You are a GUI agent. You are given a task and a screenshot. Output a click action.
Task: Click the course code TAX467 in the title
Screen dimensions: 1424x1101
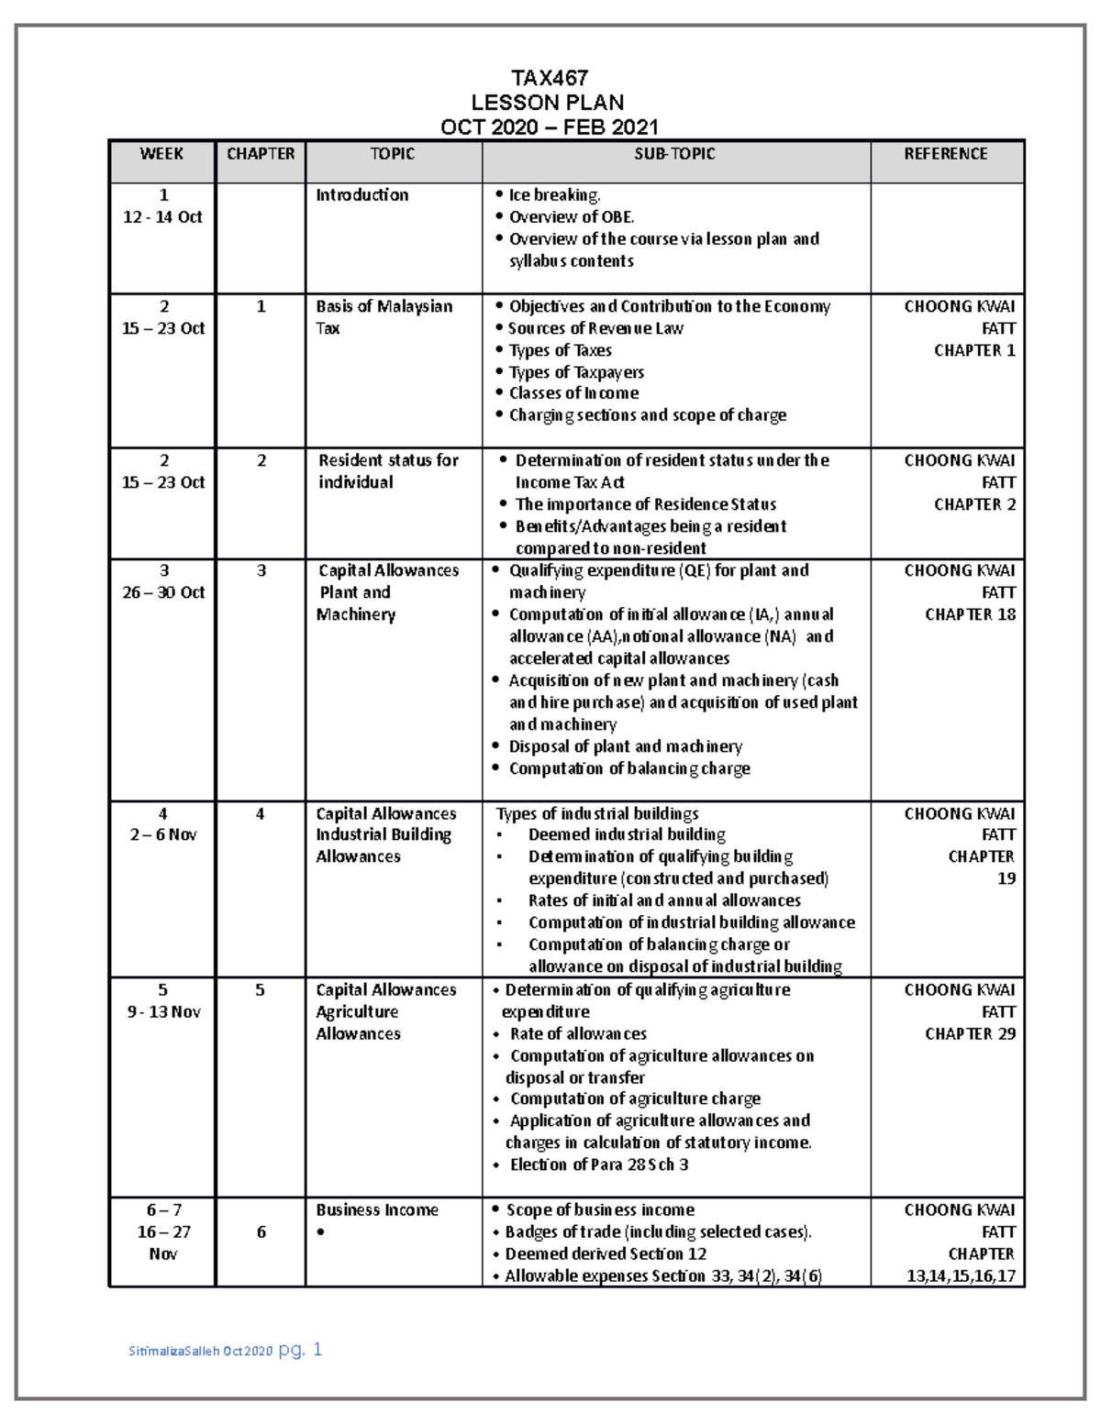tap(549, 78)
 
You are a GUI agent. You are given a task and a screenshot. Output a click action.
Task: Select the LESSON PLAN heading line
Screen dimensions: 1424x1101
tap(548, 103)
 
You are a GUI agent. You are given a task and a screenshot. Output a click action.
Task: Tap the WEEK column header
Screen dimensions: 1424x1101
tap(161, 154)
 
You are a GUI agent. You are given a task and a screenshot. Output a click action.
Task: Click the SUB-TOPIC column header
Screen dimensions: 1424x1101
tap(674, 154)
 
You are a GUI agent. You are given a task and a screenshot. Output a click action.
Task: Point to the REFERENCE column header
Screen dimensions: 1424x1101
tap(946, 154)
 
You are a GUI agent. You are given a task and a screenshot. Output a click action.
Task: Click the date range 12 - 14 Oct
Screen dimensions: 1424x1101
tap(163, 217)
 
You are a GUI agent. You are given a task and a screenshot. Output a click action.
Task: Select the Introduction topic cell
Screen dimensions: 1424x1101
tap(362, 195)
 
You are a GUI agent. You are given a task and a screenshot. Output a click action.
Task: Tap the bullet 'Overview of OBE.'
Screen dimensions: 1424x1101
tap(571, 217)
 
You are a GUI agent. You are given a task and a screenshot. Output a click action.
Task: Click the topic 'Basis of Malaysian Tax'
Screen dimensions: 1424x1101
tap(384, 316)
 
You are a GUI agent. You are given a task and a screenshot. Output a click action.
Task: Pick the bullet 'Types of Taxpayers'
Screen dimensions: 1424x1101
tap(576, 372)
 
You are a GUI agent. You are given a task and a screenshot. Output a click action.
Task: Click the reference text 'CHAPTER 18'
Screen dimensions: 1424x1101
tap(970, 614)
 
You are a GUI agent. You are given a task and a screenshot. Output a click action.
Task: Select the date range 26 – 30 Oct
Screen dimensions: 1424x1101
tap(163, 592)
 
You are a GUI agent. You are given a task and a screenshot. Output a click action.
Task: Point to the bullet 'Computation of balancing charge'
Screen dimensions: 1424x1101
tap(629, 768)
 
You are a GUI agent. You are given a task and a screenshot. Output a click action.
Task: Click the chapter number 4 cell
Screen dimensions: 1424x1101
tap(261, 813)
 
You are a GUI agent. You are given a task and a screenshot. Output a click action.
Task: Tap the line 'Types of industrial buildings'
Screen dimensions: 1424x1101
tap(597, 813)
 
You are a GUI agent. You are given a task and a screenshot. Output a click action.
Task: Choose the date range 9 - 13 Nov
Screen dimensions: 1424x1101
tap(163, 1011)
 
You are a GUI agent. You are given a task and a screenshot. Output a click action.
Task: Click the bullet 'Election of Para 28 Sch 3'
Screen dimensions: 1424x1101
tap(599, 1165)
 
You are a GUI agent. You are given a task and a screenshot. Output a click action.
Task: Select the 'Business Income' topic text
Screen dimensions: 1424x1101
tap(377, 1209)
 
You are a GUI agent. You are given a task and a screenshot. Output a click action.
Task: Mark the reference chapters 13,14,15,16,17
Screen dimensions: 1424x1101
tap(960, 1275)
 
